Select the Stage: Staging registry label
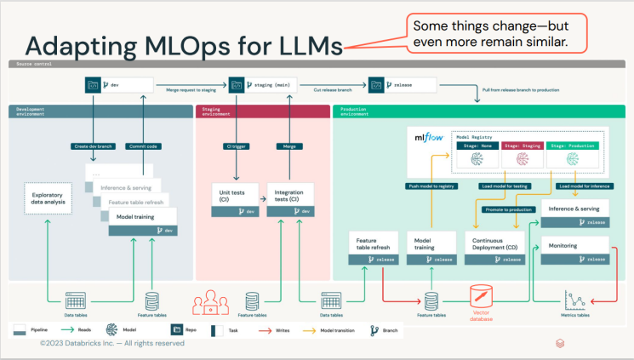pos(522,146)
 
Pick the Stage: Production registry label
pos(571,146)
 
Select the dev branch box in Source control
pos(119,84)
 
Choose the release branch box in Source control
pos(403,84)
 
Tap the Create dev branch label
pos(93,146)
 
